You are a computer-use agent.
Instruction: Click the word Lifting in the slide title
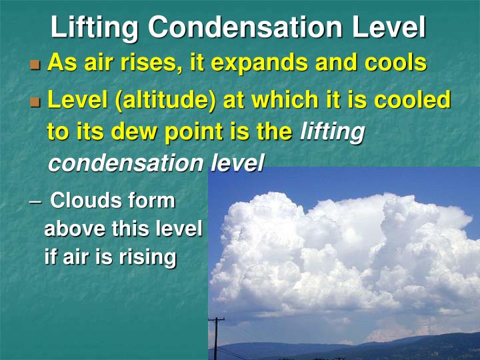[x=95, y=27]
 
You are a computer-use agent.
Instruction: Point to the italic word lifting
[x=332, y=132]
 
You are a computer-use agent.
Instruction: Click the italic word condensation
[x=126, y=163]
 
